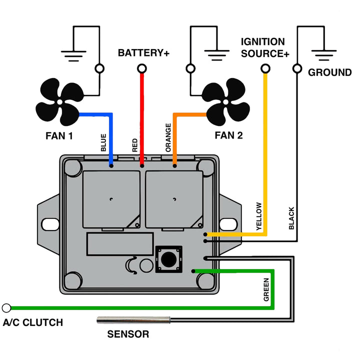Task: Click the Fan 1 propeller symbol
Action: click(x=59, y=101)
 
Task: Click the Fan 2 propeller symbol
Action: click(x=226, y=101)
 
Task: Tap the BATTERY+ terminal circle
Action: click(x=142, y=68)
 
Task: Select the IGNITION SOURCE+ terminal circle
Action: click(x=265, y=68)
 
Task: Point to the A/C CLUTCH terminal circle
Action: click(x=6, y=308)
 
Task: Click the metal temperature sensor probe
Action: click(x=133, y=320)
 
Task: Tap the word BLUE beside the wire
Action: click(x=103, y=142)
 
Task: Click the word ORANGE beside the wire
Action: click(x=168, y=137)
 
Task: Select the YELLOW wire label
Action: click(x=259, y=216)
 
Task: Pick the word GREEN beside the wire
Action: click(x=266, y=289)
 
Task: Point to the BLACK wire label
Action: click(x=291, y=218)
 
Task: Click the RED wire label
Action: click(x=135, y=145)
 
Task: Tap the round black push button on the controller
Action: click(x=169, y=259)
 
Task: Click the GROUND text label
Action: click(x=329, y=72)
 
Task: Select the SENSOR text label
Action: click(x=128, y=334)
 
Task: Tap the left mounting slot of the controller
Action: click(x=50, y=224)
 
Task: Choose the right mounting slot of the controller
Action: click(x=228, y=224)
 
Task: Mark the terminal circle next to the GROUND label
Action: click(x=297, y=68)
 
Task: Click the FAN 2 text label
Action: click(x=228, y=135)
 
